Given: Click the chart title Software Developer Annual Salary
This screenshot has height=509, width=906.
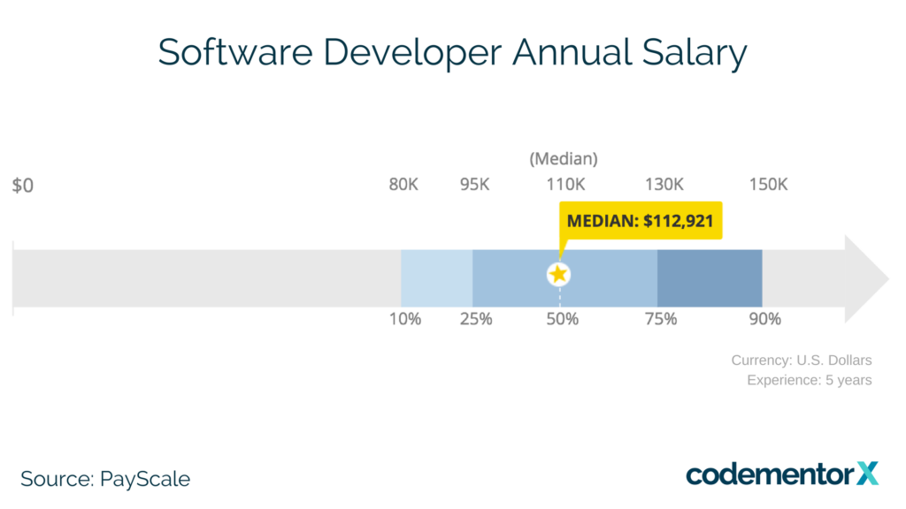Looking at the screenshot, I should click(452, 53).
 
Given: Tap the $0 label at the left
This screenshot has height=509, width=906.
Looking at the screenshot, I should click(23, 186).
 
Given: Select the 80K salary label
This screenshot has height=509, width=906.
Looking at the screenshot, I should click(403, 185).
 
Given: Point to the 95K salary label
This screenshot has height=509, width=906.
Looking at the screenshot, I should click(474, 185).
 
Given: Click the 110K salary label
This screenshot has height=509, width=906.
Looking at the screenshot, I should click(564, 185).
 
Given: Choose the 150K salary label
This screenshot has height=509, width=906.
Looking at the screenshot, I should click(768, 185).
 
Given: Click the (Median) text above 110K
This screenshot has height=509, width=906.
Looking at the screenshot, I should click(564, 159).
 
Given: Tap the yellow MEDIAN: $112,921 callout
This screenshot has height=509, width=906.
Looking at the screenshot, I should click(641, 220).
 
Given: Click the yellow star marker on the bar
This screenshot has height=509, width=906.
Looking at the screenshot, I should click(558, 274).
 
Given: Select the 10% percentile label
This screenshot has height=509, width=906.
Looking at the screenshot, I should click(405, 319).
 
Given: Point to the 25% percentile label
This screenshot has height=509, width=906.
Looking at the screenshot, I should click(475, 319).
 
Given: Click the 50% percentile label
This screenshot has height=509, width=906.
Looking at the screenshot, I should click(562, 319).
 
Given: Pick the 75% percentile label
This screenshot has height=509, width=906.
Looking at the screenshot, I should click(660, 319).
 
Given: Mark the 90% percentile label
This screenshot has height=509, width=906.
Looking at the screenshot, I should click(764, 319).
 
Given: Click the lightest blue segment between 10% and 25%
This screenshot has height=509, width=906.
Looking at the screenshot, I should click(436, 278).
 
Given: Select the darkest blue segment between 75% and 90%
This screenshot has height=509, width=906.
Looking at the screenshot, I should click(710, 278).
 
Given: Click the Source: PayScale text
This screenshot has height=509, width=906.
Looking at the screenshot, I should click(105, 479).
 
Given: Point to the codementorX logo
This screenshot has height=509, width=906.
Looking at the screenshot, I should click(782, 475).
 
